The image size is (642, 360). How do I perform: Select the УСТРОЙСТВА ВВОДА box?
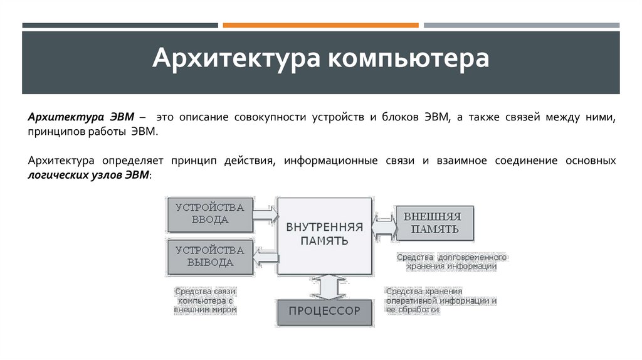pyautogui.click(x=209, y=213)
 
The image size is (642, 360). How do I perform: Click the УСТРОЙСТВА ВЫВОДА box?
pyautogui.click(x=209, y=256)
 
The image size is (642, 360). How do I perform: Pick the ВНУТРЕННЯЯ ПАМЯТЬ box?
pyautogui.click(x=324, y=235)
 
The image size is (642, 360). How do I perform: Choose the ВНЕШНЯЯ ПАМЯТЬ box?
pyautogui.click(x=433, y=223)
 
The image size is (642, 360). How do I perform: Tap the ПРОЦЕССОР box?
pyautogui.click(x=324, y=311)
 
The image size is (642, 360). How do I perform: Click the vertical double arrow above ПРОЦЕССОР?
pyautogui.click(x=324, y=287)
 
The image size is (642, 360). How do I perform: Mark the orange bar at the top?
pyautogui.click(x=320, y=25)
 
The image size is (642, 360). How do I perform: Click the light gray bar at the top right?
pyautogui.click(x=522, y=25)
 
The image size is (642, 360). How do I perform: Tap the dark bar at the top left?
pyautogui.click(x=120, y=25)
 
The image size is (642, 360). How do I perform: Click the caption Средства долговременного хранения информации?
pyautogui.click(x=451, y=262)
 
